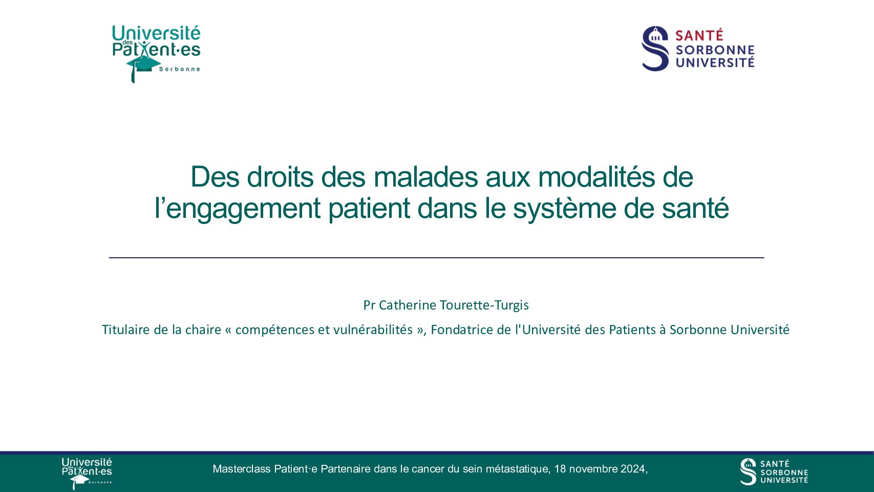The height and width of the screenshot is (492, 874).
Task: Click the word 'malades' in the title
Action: (x=425, y=177)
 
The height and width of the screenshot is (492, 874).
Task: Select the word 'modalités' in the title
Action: (x=596, y=177)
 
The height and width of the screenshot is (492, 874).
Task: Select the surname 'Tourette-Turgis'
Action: (x=484, y=305)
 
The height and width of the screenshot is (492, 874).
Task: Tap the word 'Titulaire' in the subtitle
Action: (x=125, y=330)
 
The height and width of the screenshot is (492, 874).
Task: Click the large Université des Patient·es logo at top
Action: (x=156, y=54)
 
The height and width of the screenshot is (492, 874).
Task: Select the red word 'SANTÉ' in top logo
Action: (x=699, y=35)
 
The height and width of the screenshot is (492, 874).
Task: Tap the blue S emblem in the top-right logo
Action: (x=655, y=48)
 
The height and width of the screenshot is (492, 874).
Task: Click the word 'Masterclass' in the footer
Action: (x=242, y=468)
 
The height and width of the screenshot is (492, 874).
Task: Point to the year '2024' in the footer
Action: (x=633, y=468)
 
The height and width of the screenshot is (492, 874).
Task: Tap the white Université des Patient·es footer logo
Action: (x=87, y=473)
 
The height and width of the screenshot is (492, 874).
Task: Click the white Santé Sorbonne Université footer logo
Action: (x=774, y=471)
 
